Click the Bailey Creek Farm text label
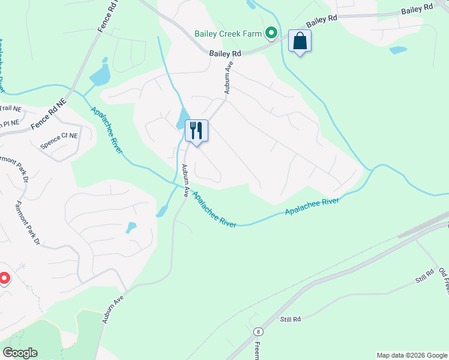229,34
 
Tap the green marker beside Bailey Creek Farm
271,34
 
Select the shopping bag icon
299,41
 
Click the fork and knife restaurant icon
196,130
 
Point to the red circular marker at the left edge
4,278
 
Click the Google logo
20,353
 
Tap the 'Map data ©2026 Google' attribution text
411,355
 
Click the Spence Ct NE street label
59,140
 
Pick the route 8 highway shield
258,331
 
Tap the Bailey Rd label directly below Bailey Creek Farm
225,54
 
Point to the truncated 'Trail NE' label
10,109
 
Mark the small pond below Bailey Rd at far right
397,50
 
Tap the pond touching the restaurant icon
182,119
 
